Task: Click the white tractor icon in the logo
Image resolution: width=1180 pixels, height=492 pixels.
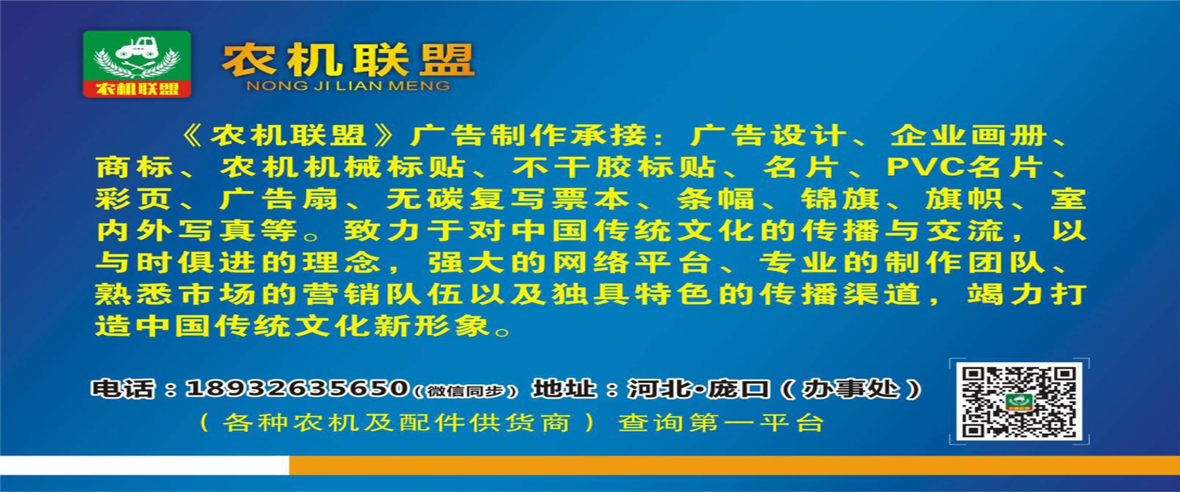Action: (x=137, y=48)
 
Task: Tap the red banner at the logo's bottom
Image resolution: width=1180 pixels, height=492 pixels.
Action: (x=137, y=89)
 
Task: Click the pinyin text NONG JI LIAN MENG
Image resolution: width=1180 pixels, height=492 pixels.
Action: (x=348, y=86)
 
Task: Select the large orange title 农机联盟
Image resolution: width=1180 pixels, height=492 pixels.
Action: (x=348, y=60)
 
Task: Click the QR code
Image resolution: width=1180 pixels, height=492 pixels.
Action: (x=1019, y=401)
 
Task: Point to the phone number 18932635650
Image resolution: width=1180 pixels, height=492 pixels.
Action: (x=297, y=388)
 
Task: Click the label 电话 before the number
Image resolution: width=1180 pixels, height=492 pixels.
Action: (x=123, y=389)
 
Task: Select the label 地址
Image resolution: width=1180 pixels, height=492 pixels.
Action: (x=564, y=389)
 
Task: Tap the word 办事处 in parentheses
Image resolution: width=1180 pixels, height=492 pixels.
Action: (x=851, y=389)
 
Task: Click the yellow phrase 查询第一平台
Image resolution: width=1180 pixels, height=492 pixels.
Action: (x=721, y=423)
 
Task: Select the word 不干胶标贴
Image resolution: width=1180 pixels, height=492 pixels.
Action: (x=615, y=167)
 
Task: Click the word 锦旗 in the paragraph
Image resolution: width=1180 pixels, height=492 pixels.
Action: (x=840, y=199)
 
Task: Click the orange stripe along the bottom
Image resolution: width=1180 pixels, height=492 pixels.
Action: (x=734, y=465)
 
